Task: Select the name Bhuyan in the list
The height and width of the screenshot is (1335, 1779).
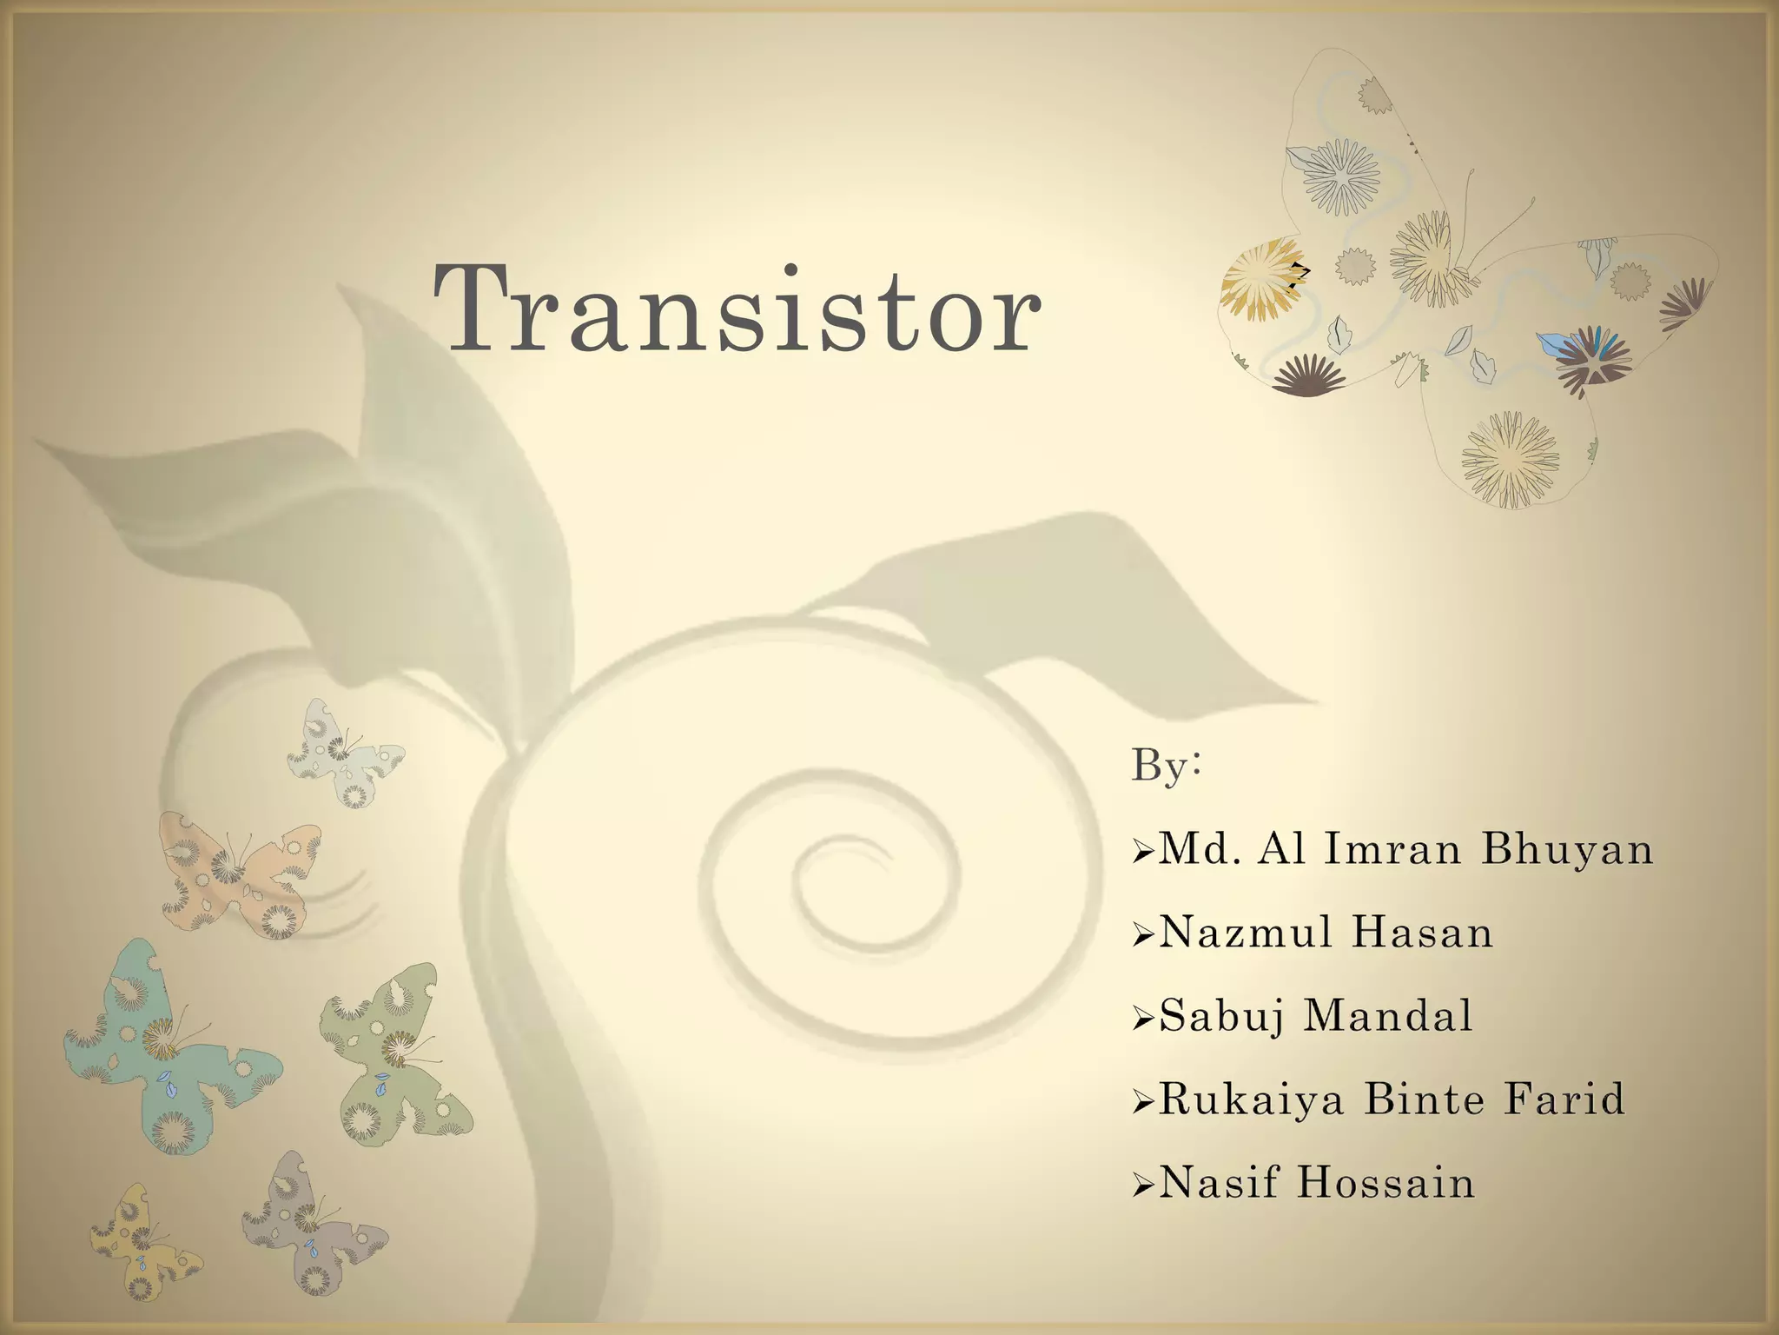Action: click(1567, 849)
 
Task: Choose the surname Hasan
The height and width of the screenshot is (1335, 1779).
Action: click(1423, 933)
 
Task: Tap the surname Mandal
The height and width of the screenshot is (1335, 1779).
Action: click(1389, 1016)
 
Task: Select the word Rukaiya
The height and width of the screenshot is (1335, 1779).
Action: click(1252, 1099)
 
